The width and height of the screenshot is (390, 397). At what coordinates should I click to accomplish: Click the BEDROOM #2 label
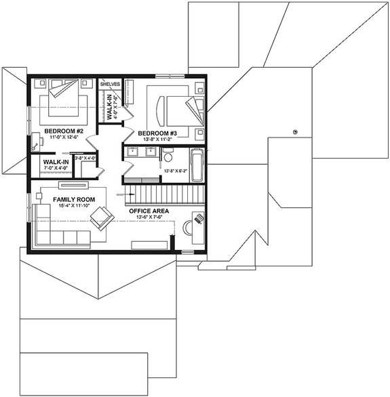63,129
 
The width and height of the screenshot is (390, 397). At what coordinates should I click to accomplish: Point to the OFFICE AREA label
149,211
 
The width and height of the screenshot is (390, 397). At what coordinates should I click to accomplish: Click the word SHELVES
110,83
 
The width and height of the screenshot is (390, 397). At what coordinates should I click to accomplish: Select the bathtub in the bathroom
197,165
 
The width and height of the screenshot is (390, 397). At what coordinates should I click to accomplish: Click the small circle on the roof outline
295,131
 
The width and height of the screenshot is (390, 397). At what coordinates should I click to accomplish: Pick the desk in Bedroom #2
35,142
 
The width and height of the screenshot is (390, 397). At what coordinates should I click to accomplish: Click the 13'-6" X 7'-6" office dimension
149,218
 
